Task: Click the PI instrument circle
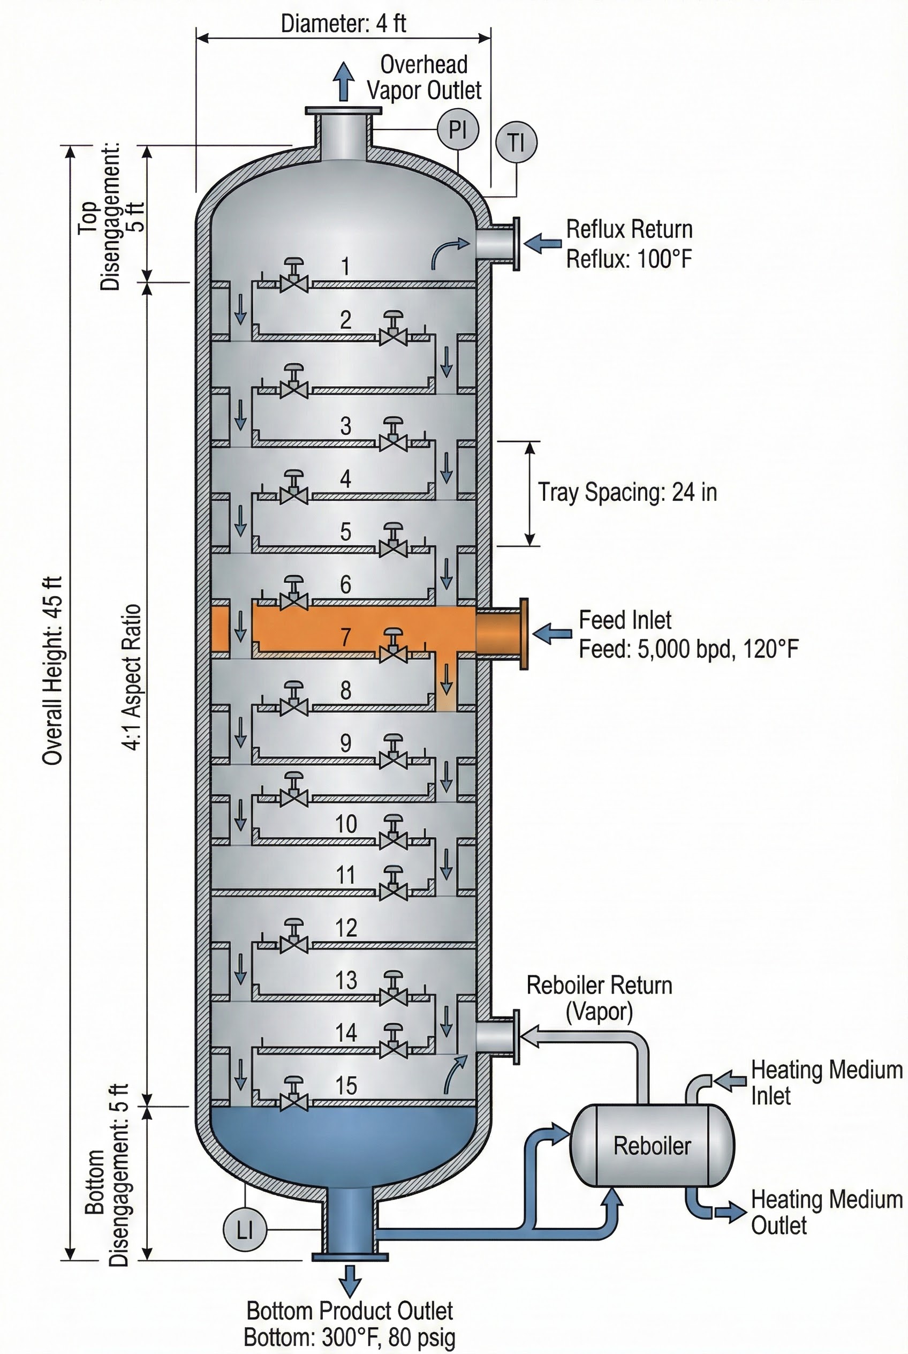click(x=457, y=129)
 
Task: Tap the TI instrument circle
click(x=516, y=142)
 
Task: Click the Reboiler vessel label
click(x=652, y=1146)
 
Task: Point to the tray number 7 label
click(x=346, y=637)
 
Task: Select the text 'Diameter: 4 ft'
click(x=343, y=24)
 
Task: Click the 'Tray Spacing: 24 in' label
click(x=627, y=492)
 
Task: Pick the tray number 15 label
click(x=346, y=1085)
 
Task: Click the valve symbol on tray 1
click(x=294, y=276)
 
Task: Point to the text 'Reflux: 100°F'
click(x=629, y=259)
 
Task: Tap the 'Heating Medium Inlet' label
click(x=826, y=1082)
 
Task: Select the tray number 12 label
click(x=346, y=928)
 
